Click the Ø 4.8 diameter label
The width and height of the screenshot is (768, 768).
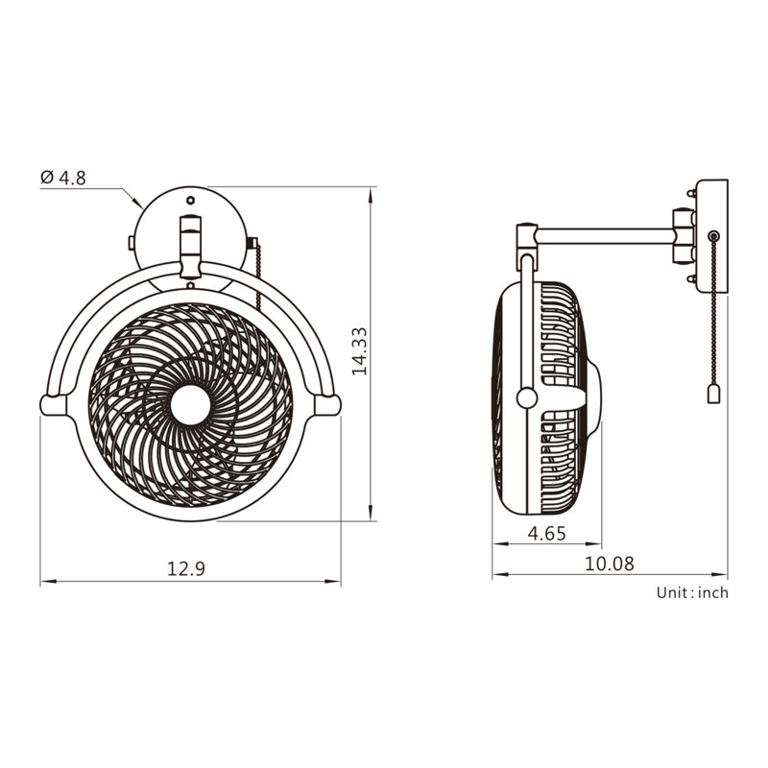[63, 178]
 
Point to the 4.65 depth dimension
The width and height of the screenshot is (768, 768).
[548, 533]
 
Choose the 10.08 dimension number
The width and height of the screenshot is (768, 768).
[610, 564]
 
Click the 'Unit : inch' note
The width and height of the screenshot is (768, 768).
[692, 592]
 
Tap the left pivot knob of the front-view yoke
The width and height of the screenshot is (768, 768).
[52, 404]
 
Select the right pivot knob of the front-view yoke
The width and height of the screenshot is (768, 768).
[328, 405]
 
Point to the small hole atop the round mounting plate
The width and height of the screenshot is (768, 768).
[190, 201]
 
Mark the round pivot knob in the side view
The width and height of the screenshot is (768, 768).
[526, 396]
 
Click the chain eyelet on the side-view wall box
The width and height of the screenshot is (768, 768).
[712, 235]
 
